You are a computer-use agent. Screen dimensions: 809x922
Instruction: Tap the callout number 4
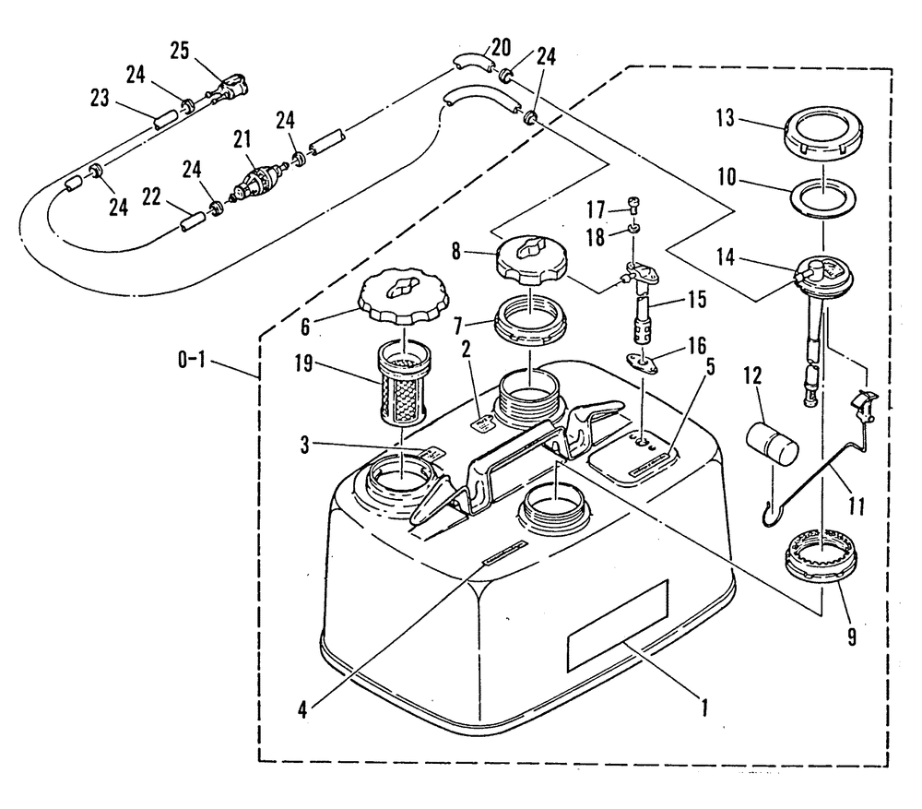tap(303, 709)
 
